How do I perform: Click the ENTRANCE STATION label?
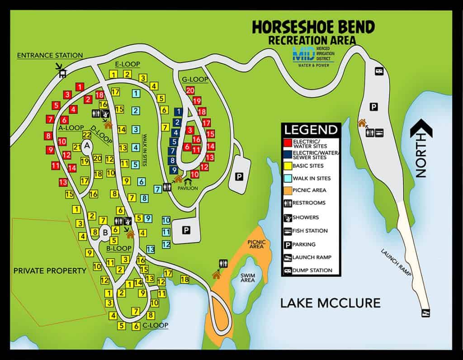click(50, 56)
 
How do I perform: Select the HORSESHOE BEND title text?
click(313, 28)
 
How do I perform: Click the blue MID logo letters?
click(300, 54)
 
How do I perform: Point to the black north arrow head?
click(421, 129)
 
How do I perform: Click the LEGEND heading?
click(311, 130)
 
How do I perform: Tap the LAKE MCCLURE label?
click(330, 303)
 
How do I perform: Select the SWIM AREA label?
click(247, 277)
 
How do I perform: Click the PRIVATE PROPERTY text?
click(50, 271)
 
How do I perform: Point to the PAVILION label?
click(188, 188)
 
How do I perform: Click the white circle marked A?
click(87, 146)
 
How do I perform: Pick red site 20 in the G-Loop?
click(190, 90)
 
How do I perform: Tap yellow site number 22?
click(87, 135)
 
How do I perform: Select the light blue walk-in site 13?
click(151, 249)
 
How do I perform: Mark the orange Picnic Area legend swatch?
click(287, 190)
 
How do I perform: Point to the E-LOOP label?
click(128, 64)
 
